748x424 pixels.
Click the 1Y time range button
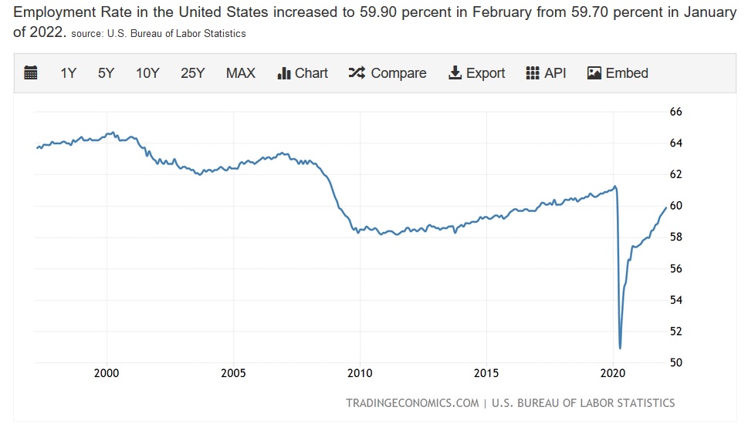click(68, 73)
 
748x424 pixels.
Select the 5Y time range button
click(106, 73)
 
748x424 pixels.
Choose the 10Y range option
click(147, 73)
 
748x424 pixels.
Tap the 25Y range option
click(192, 73)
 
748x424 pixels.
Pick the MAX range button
click(240, 73)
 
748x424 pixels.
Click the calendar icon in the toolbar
click(31, 73)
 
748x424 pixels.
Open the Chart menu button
click(303, 73)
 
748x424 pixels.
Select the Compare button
click(388, 73)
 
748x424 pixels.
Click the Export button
click(476, 73)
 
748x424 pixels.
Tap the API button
click(546, 73)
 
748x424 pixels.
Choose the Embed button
click(618, 73)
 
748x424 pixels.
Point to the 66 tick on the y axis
click(675, 112)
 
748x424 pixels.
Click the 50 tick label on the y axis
click(675, 362)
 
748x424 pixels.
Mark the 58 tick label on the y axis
click(675, 237)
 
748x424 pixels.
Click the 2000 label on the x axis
click(107, 374)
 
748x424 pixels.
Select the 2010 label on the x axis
click(360, 374)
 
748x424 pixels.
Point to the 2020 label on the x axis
click(613, 374)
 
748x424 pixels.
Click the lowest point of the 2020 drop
click(621, 348)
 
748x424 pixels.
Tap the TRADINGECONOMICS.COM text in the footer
click(412, 403)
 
